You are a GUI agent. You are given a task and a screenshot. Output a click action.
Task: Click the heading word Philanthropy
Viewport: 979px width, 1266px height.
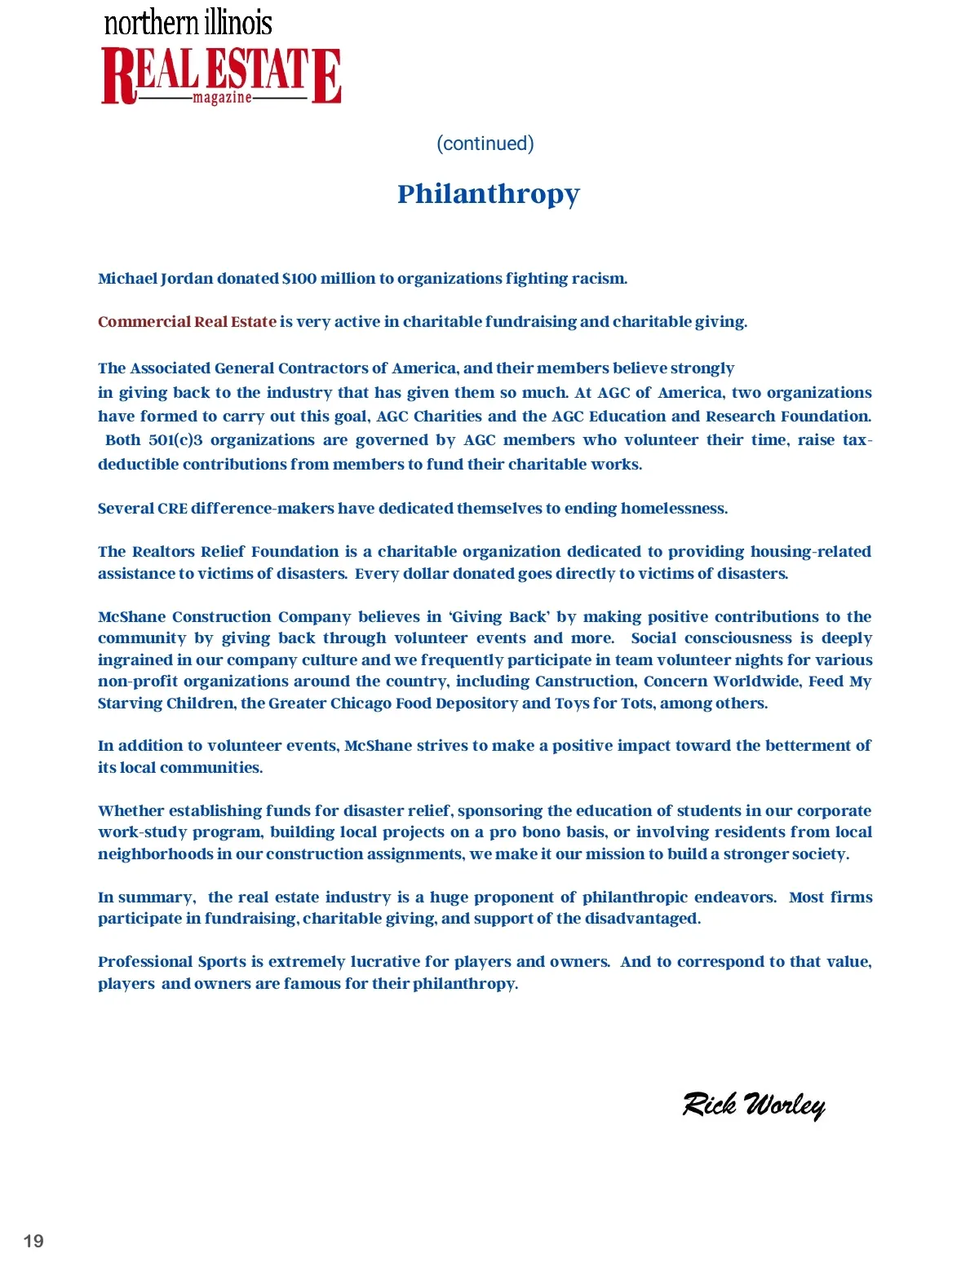coord(489,194)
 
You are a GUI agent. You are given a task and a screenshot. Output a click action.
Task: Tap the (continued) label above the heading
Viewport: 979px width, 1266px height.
coord(485,143)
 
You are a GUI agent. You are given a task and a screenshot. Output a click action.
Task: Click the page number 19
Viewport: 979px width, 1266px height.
coord(33,1241)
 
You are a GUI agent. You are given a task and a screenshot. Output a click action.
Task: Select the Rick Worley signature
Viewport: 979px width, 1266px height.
coord(754,1105)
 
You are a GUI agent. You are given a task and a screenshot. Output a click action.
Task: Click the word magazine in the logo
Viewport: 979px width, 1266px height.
coord(222,98)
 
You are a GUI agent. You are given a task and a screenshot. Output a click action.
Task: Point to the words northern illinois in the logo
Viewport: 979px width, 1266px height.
coord(188,22)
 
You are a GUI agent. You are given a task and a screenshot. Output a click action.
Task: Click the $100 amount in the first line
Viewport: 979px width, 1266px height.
coord(299,279)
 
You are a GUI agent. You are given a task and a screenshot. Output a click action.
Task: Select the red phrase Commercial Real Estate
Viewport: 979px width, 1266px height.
coord(187,322)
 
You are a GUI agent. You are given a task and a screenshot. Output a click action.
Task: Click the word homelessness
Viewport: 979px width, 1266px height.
coord(673,509)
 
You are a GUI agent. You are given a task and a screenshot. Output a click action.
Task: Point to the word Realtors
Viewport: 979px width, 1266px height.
coord(163,552)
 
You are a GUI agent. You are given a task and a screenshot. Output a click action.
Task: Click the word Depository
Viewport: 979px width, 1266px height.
coord(477,704)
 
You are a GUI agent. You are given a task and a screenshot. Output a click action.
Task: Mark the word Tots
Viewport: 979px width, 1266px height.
coord(636,704)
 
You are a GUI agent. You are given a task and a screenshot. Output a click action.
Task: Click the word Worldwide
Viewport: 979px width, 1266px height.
coord(757,682)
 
